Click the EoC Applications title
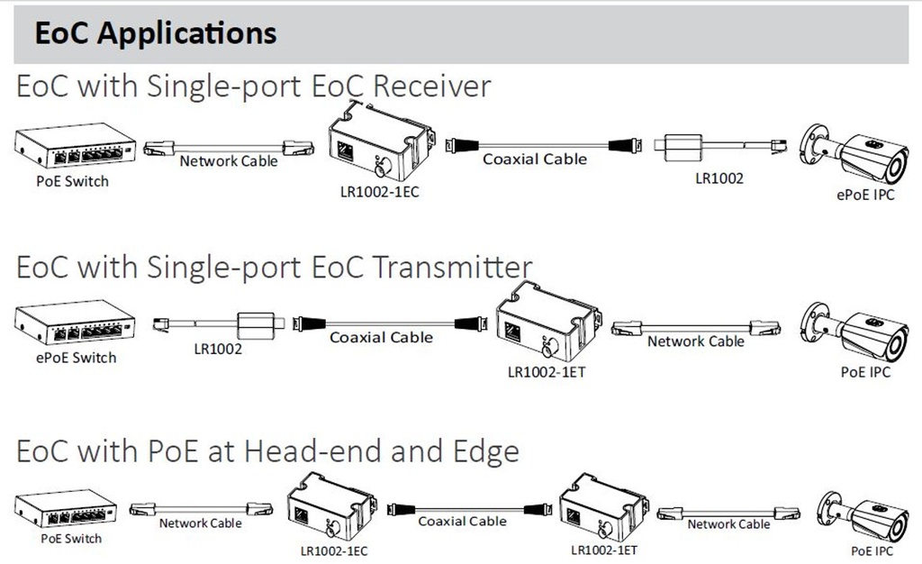point(155,32)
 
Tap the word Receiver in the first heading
point(431,86)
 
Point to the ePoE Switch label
point(76,358)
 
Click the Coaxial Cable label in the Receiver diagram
point(535,159)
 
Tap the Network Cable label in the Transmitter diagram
point(696,341)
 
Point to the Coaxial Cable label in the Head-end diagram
point(462,522)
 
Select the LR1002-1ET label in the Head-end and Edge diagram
point(604,550)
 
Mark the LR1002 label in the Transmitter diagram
point(217,349)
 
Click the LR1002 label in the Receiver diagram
point(719,178)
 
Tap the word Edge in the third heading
point(484,450)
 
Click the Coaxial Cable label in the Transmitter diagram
point(381,338)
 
